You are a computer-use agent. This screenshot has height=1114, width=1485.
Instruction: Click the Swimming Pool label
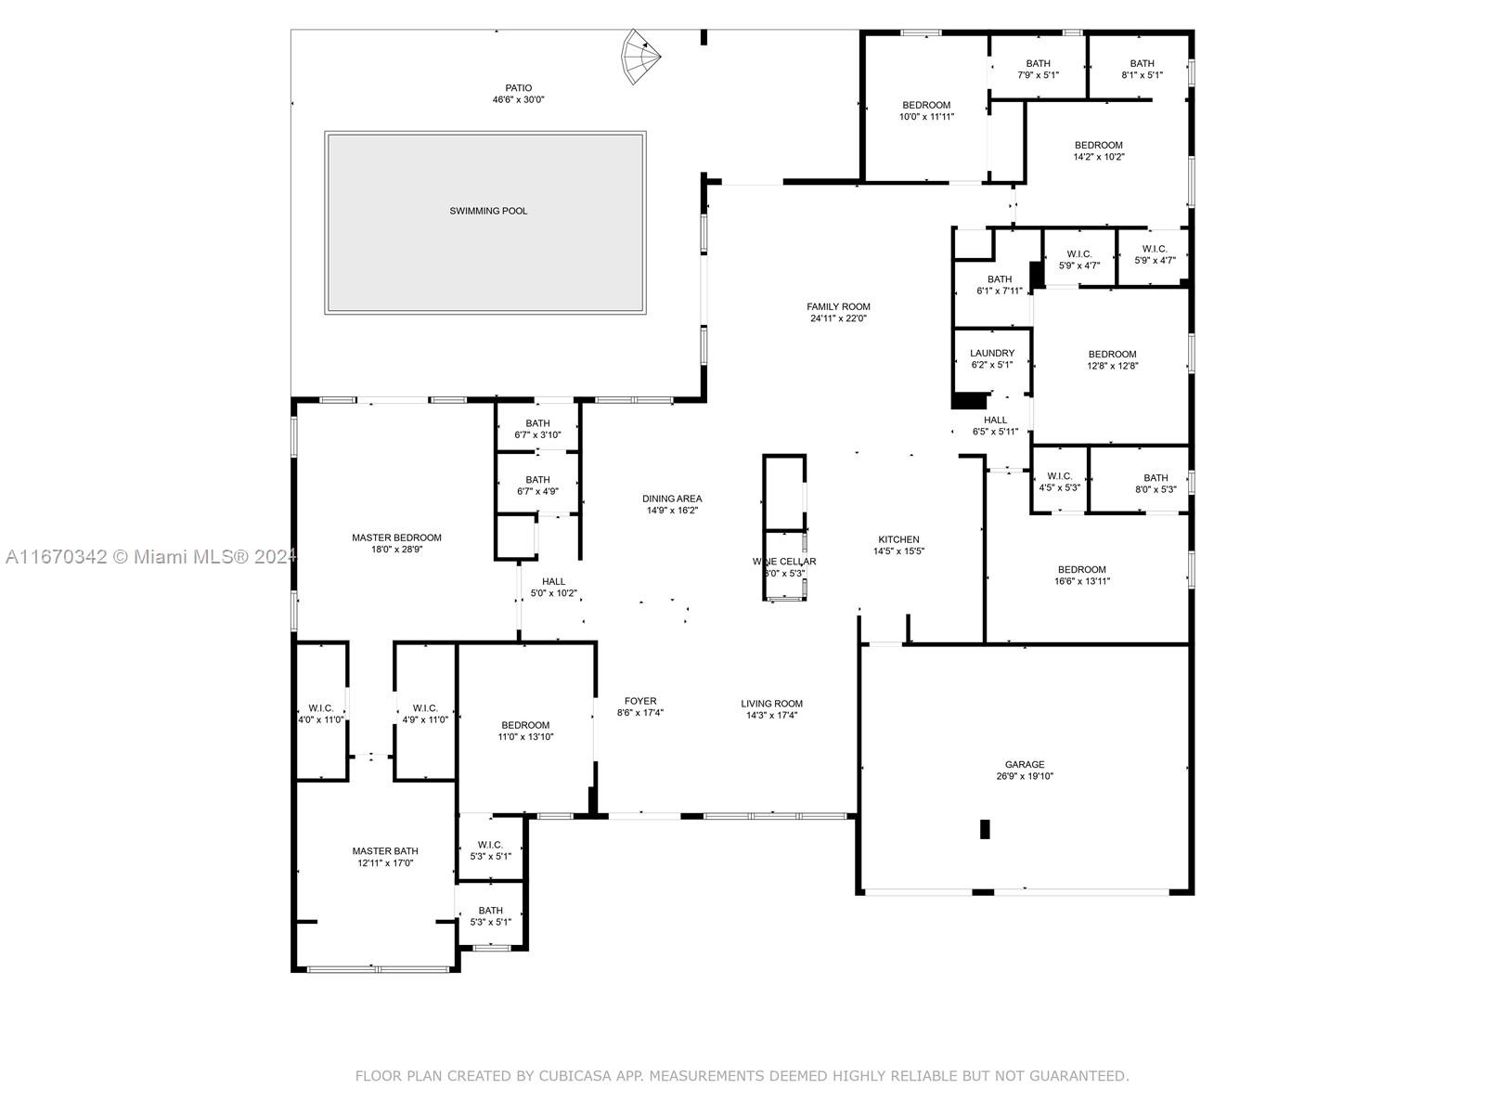pos(488,211)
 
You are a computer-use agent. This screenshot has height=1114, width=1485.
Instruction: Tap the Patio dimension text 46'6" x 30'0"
pos(518,100)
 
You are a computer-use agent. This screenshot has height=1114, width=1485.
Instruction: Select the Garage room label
pos(1024,764)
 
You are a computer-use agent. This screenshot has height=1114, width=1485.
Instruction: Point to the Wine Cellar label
pos(784,561)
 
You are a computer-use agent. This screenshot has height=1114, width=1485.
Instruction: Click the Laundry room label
pos(991,353)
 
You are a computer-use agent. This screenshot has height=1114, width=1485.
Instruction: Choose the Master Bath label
pos(384,850)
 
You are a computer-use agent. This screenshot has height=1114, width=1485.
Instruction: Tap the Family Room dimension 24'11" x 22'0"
pos(838,318)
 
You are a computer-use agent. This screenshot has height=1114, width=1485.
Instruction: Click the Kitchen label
pos(898,539)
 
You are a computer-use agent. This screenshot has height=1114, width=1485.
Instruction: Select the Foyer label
pos(639,701)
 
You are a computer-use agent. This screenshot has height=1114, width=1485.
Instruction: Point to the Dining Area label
pos(672,499)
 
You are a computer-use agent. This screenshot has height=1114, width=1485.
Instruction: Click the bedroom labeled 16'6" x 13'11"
pos(1081,576)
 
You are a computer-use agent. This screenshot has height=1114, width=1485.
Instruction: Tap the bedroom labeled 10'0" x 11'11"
pos(925,110)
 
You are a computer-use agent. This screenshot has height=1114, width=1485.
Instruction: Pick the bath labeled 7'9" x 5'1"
pos(1038,70)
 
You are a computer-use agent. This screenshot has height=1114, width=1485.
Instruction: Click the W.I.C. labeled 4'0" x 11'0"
pos(320,714)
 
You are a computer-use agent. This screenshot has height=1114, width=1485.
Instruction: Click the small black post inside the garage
pos(985,829)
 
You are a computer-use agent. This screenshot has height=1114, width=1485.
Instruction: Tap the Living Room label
pos(771,703)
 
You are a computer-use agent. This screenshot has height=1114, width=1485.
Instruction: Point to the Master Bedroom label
pos(396,538)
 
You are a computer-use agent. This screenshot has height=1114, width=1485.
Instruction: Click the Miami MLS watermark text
pos(148,557)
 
